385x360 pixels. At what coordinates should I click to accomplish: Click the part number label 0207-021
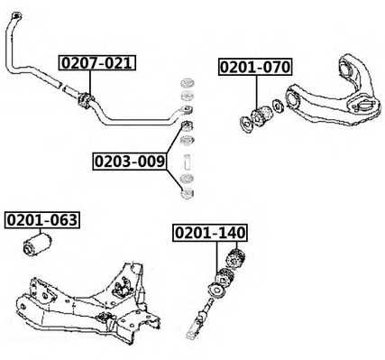97,63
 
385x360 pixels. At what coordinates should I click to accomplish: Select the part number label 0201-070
255,67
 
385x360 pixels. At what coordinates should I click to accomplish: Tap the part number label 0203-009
130,162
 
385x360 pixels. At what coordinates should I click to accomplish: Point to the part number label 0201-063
42,220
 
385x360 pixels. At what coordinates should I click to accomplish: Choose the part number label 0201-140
210,233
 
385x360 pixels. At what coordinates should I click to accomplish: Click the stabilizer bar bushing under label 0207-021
86,100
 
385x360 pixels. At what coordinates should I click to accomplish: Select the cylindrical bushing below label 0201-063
37,245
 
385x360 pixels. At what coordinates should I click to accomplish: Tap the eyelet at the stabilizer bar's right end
188,110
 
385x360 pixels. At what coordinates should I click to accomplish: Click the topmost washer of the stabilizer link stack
188,83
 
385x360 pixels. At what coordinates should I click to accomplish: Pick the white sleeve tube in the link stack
187,162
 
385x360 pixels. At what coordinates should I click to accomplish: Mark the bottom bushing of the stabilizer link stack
188,193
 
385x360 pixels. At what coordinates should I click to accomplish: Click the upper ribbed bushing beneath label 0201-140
235,259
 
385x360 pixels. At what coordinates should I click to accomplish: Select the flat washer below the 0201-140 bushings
217,291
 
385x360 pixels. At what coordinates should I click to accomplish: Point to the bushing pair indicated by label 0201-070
261,116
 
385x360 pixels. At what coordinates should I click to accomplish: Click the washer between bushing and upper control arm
278,106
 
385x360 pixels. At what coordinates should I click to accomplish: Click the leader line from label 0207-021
89,83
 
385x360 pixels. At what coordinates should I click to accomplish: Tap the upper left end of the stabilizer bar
15,15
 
